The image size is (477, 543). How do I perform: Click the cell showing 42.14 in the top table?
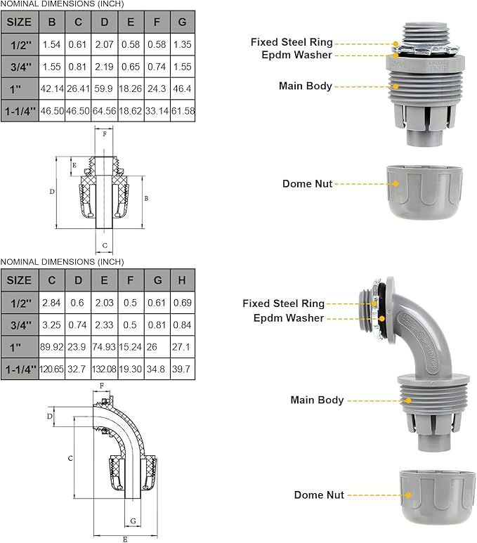tap(52, 89)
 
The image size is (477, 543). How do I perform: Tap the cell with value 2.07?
tap(105, 44)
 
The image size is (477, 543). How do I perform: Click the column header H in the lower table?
tap(182, 280)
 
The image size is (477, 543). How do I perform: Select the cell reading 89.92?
tap(52, 347)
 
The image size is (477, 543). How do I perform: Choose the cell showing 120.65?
tap(52, 368)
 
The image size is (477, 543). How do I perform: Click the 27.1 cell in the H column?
tap(182, 347)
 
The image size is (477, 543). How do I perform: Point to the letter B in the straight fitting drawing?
tap(145, 199)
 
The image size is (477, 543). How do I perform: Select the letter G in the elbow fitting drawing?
tap(133, 521)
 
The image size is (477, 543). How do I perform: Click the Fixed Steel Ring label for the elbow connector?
tap(283, 303)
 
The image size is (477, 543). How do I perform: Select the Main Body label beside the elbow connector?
tap(317, 400)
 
